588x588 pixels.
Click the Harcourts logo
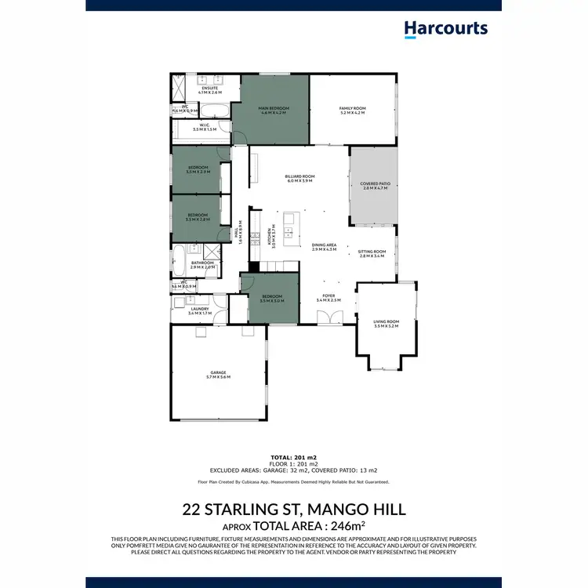pos(445,29)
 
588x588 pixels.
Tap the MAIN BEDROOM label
pos(274,108)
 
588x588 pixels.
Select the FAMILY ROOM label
pos(353,108)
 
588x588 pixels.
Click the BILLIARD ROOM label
pos(299,177)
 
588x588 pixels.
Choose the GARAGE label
pos(218,372)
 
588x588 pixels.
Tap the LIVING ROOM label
pos(387,321)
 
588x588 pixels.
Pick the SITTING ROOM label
pos(372,252)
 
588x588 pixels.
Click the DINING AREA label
pos(325,245)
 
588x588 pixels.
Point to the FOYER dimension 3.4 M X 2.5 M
pos(328,300)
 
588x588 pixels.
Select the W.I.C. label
pos(203,125)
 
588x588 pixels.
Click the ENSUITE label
pos(209,89)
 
